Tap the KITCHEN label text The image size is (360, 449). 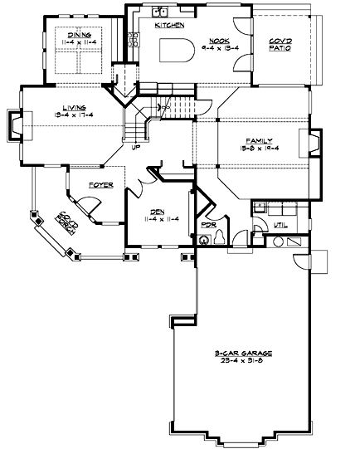coord(169,27)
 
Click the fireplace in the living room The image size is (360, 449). coord(17,125)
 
